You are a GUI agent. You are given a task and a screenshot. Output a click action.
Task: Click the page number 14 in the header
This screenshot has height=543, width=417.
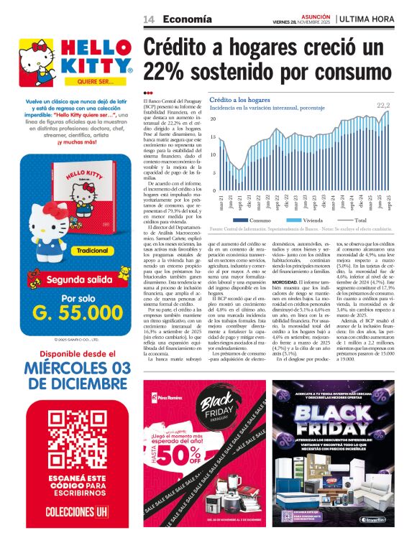tap(150, 19)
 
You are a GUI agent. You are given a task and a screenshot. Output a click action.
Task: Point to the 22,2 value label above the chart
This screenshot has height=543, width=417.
tap(384, 106)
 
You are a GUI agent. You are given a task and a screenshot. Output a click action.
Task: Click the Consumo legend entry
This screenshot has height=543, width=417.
tap(251, 220)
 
